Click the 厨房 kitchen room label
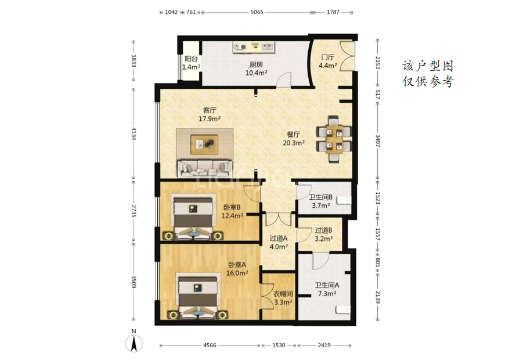tap(256, 69)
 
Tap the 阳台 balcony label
tap(191, 63)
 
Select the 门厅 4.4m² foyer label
tap(328, 62)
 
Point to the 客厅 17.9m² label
tap(210, 114)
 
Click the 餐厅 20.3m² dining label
tap(294, 139)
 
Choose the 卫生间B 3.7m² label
tap(321, 201)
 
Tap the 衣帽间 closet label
tap(283, 298)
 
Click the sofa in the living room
tap(205, 168)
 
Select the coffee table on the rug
tap(205, 144)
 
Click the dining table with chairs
tap(334, 139)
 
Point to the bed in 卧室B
tap(193, 218)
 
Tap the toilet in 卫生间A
tap(343, 309)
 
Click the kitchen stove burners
tap(240, 48)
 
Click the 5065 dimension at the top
tap(257, 12)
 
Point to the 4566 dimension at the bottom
tap(210, 345)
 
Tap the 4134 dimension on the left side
tap(133, 134)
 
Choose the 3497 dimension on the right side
tap(378, 142)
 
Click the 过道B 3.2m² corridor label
tap(323, 235)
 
